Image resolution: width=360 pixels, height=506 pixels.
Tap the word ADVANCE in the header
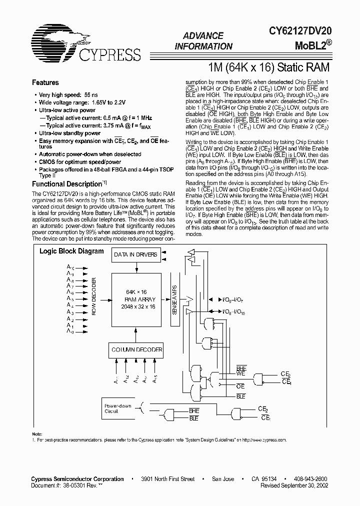coord(203,36)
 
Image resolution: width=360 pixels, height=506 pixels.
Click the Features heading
coord(45,82)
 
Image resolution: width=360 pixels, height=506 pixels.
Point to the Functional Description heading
coord(67,184)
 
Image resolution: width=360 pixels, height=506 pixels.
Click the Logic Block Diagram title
coord(71,251)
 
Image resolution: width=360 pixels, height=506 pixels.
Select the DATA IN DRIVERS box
coord(135,254)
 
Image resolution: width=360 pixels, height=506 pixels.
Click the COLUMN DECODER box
coord(136,349)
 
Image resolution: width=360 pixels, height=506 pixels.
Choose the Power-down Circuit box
coord(118,408)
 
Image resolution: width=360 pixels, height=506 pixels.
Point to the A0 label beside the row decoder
coord(70,331)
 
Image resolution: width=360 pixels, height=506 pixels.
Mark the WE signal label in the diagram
coord(241,373)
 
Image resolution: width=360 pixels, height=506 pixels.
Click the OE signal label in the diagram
coord(240,386)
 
